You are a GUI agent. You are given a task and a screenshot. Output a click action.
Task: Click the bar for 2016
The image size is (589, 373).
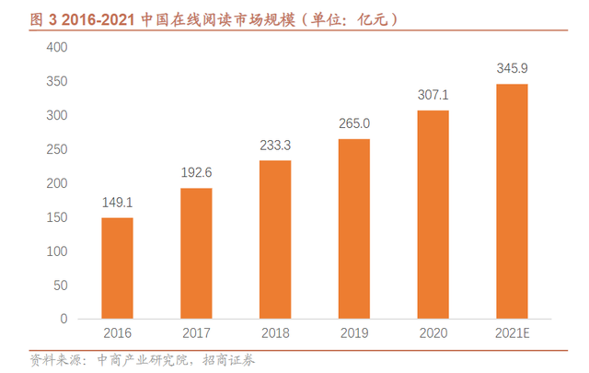pyautogui.click(x=117, y=268)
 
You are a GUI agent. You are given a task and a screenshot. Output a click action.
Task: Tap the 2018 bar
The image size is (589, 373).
pyautogui.click(x=275, y=239)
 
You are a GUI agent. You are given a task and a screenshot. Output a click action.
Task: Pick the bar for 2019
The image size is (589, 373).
pyautogui.click(x=354, y=228)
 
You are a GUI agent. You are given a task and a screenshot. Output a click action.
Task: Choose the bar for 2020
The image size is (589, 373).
pyautogui.click(x=433, y=215)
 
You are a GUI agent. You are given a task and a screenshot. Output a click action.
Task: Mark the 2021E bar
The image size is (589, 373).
pyautogui.click(x=512, y=201)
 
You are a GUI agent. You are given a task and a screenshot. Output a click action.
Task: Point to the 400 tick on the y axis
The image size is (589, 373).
pyautogui.click(x=57, y=47)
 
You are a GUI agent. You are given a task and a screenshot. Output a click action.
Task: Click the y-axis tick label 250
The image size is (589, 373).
pyautogui.click(x=57, y=149)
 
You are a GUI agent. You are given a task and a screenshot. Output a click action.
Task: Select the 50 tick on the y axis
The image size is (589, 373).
pyautogui.click(x=61, y=285)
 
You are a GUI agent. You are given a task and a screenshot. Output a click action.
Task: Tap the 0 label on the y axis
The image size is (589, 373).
pyautogui.click(x=64, y=319)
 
